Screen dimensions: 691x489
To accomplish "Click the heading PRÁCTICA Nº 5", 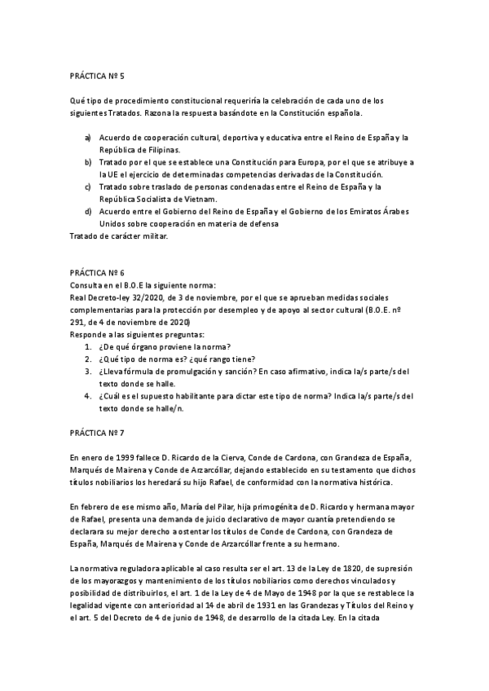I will (98, 75).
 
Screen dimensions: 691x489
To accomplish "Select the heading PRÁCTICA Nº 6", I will (98, 275).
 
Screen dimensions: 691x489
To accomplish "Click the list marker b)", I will (89, 162).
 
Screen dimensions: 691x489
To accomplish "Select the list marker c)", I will (88, 187).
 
